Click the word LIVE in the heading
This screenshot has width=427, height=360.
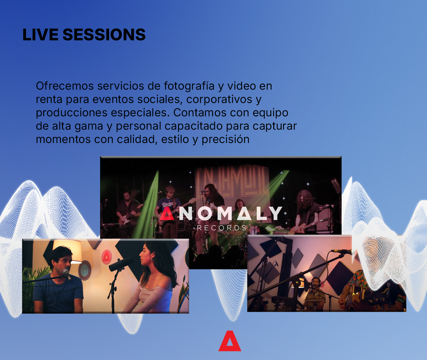pyautogui.click(x=40, y=35)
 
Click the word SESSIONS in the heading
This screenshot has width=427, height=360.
pyautogui.click(x=104, y=35)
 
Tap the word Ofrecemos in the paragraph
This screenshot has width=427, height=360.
pyautogui.click(x=65, y=86)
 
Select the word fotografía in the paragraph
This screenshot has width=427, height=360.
pyautogui.click(x=189, y=86)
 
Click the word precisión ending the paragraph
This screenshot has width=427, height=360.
pyautogui.click(x=226, y=140)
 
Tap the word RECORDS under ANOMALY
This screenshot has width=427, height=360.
pyautogui.click(x=222, y=228)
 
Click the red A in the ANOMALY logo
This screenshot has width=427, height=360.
pyautogui.click(x=167, y=213)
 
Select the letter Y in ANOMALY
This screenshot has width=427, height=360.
pyautogui.click(x=275, y=213)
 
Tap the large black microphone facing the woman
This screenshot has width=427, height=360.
pyautogui.click(x=121, y=263)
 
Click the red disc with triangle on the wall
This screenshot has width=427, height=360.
pyautogui.click(x=106, y=257)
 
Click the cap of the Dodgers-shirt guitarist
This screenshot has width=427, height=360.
pyautogui.click(x=170, y=189)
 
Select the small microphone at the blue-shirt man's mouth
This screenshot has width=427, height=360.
pyautogui.click(x=67, y=274)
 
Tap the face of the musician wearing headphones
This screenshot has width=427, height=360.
pyautogui.click(x=316, y=283)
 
